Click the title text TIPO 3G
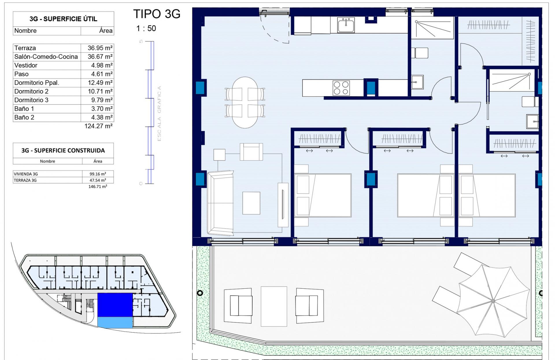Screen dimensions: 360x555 coord(157,14)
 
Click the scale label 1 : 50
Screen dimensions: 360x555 coord(146,28)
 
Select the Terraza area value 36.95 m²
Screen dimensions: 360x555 coord(100,48)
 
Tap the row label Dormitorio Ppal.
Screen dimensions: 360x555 coord(37,83)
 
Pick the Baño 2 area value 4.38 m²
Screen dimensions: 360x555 coord(101,117)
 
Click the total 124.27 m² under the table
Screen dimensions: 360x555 coord(98,126)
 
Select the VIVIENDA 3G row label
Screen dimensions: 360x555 coord(26,174)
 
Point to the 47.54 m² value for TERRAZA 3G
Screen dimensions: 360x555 coord(98,180)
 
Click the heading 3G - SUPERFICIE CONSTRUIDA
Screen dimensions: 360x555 coord(63,150)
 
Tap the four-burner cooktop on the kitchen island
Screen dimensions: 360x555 coord(341,88)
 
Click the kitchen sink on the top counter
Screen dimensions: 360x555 coord(346,25)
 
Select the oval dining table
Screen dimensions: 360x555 coord(245,102)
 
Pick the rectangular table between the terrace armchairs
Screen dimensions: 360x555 coord(274,306)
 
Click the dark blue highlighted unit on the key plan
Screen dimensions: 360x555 coord(115,305)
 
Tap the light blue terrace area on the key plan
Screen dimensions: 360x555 coord(115,322)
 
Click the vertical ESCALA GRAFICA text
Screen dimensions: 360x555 coord(159,114)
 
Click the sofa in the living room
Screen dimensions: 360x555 coord(220,203)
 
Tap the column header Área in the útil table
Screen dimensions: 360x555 coord(106,31)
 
